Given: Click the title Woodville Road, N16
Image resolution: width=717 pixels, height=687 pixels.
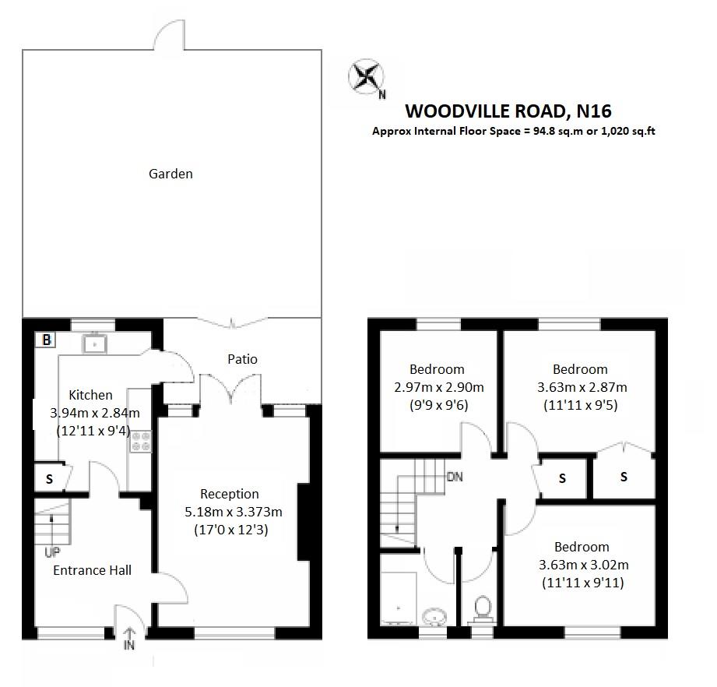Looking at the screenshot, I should [x=513, y=111].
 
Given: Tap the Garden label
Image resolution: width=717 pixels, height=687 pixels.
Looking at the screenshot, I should [x=170, y=174].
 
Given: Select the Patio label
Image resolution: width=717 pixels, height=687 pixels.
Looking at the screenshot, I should [x=242, y=359].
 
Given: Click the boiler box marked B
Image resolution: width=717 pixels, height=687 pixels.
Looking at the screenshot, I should [x=47, y=340].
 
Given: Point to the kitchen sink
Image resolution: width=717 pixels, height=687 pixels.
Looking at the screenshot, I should [x=95, y=342].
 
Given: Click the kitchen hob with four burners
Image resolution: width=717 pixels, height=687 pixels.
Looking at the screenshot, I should [x=141, y=442].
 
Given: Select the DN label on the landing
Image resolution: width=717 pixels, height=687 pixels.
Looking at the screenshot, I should [x=455, y=477].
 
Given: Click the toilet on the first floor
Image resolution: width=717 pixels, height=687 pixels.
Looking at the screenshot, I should [x=483, y=608].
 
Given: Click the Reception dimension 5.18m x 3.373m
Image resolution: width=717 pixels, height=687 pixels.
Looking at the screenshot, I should [x=230, y=512].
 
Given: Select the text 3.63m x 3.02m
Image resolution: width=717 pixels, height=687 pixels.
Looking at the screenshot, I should [x=582, y=565].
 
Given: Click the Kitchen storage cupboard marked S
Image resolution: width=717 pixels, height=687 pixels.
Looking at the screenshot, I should [x=48, y=479].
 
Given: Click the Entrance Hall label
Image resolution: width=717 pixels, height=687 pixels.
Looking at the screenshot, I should [x=92, y=570].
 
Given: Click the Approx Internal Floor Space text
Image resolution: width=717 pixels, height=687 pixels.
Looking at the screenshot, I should [x=513, y=131].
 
